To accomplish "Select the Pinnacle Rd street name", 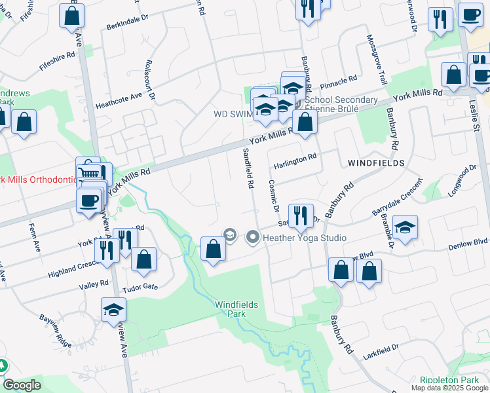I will (338, 81).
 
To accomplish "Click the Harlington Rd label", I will (295, 157).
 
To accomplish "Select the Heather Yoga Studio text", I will (305, 238).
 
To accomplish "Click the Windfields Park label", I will (236, 309).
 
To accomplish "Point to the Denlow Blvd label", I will (468, 241).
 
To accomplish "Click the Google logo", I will (22, 385).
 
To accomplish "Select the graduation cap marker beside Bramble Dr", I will (405, 228).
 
